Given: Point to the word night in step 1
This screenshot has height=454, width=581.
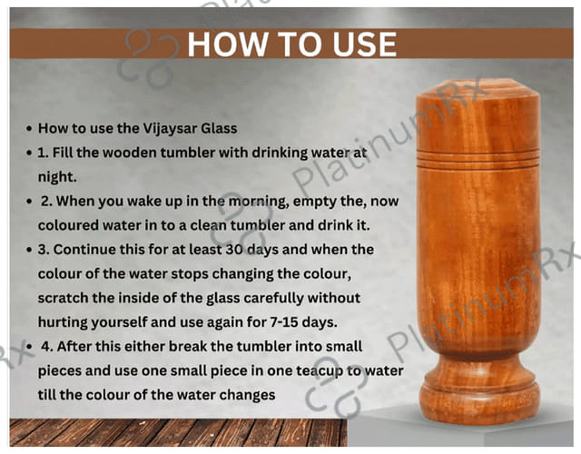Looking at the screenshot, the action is (x=57, y=177).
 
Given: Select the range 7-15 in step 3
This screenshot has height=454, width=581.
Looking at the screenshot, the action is (x=284, y=322).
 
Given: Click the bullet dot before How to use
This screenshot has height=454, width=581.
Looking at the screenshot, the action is (x=29, y=129).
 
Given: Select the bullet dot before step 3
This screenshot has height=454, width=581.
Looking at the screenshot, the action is (x=29, y=251).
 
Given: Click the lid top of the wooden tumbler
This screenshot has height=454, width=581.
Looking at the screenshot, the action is (x=478, y=87).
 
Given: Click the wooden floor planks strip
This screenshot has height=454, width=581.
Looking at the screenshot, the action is (x=178, y=432).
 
